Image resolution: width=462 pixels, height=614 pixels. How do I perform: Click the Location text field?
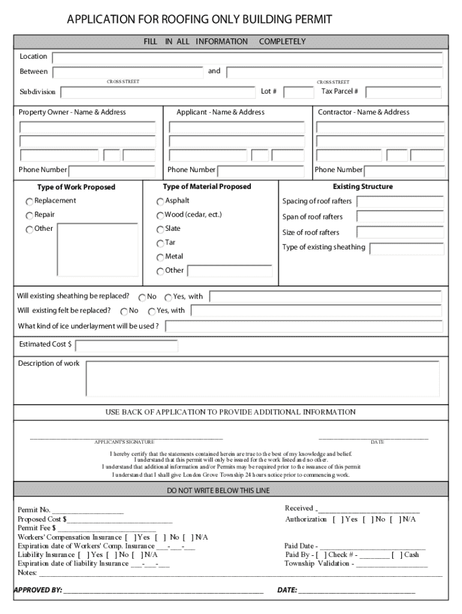pyautogui.click(x=247, y=58)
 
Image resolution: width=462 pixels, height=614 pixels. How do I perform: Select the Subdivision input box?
pyautogui.click(x=158, y=92)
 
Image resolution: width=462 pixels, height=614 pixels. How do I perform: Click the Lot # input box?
pyautogui.click(x=298, y=92)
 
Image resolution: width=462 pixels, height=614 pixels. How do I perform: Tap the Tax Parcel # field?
pyautogui.click(x=403, y=92)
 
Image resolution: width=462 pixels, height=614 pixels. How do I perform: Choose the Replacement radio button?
pyautogui.click(x=29, y=201)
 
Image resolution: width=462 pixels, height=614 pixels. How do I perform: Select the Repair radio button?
pyautogui.click(x=29, y=215)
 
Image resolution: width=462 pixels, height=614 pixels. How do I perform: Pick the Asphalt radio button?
pyautogui.click(x=160, y=201)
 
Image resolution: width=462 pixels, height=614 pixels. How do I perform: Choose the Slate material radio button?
pyautogui.click(x=160, y=230)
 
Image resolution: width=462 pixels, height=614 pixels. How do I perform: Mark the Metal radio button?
pyautogui.click(x=160, y=257)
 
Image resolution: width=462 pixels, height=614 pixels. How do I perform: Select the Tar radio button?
pyautogui.click(x=160, y=243)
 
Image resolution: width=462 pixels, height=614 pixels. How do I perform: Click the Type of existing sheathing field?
pyautogui.click(x=407, y=248)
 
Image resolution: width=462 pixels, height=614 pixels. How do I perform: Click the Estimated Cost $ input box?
pyautogui.click(x=127, y=346)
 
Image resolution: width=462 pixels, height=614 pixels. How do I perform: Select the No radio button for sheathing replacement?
pyautogui.click(x=142, y=297)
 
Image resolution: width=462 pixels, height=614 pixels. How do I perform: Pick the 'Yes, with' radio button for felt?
pyautogui.click(x=152, y=311)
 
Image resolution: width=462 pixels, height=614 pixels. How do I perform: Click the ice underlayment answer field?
pyautogui.click(x=304, y=327)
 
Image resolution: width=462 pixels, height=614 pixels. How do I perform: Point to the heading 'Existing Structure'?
pyautogui.click(x=363, y=186)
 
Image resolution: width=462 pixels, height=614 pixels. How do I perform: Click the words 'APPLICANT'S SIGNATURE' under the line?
pyautogui.click(x=124, y=442)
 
